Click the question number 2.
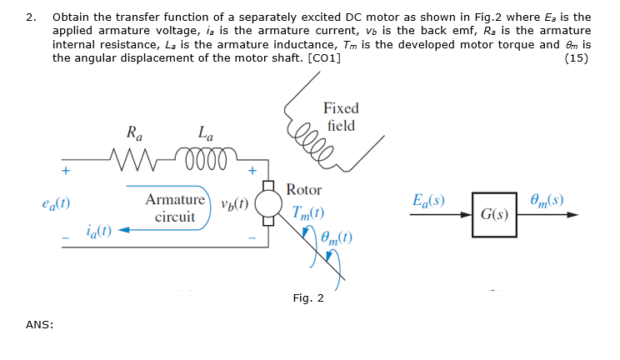coord(30,17)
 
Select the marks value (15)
coord(578,57)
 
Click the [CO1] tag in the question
coord(324,57)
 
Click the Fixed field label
coord(341,117)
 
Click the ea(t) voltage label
coord(55,202)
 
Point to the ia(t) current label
coord(101,230)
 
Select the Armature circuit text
coord(175,208)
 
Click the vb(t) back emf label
coord(236,206)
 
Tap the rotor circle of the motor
coord(268,203)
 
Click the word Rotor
coord(303,189)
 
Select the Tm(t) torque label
coord(307,212)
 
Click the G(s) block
coord(492,214)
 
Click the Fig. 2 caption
coord(308,297)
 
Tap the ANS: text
coord(39,325)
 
